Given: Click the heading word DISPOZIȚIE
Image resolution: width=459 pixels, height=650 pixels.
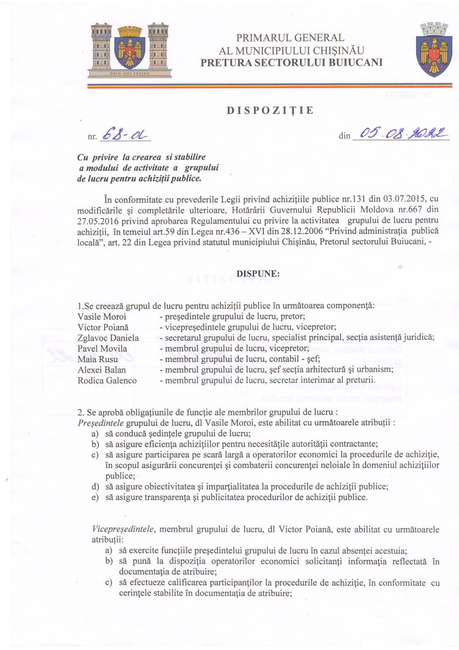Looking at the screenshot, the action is [x=271, y=111].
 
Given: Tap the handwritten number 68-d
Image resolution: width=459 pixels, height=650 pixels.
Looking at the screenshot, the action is [x=125, y=135].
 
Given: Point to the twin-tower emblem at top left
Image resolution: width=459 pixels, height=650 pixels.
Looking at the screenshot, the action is [x=129, y=50].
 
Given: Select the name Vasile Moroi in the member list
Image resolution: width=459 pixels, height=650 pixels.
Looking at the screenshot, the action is [x=102, y=317].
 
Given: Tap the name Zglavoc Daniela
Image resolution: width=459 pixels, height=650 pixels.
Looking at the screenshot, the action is [x=108, y=338].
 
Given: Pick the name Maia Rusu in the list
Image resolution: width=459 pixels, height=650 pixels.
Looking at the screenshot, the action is [x=98, y=359].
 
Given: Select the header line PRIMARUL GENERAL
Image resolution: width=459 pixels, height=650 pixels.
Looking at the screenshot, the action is [x=289, y=38].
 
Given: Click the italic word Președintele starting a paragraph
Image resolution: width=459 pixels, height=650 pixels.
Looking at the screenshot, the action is [x=100, y=423].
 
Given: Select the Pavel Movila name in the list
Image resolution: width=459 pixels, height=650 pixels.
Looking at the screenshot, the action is [x=103, y=349].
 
